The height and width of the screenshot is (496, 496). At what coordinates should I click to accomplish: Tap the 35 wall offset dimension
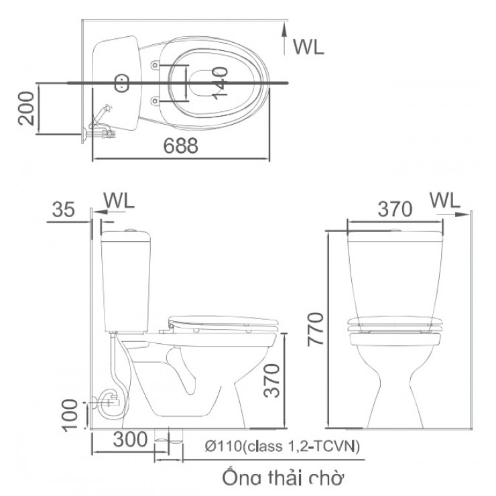tap(63, 210)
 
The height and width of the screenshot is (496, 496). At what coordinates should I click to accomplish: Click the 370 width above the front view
tap(393, 209)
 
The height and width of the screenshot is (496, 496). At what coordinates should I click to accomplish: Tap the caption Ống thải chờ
tap(282, 478)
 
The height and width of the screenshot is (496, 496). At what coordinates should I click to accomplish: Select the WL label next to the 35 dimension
tap(119, 200)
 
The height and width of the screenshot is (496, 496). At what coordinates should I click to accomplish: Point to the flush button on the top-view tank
tap(121, 83)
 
